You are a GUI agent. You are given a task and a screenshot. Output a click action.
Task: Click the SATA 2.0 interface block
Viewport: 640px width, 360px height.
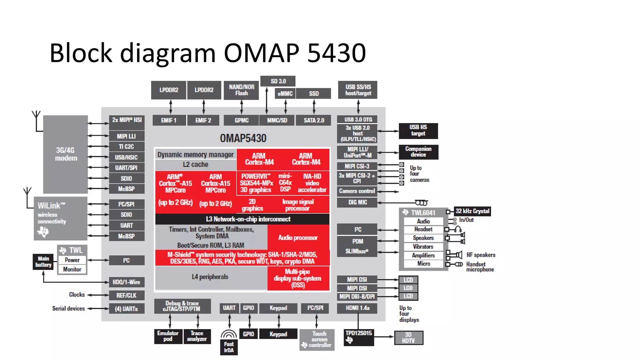tap(314, 120)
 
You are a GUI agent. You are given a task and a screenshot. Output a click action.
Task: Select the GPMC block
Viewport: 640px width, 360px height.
tap(242, 120)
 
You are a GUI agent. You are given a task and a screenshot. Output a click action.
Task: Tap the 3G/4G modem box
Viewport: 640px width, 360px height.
tap(66, 154)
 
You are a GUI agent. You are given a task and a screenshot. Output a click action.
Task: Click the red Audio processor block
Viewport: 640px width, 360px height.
tap(298, 237)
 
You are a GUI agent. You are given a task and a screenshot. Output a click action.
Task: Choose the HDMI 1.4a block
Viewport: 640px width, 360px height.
tap(357, 308)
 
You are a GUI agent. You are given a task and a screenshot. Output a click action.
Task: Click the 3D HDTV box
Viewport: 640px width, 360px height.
tap(408, 338)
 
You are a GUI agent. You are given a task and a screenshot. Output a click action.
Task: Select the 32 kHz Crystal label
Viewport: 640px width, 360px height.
tap(472, 211)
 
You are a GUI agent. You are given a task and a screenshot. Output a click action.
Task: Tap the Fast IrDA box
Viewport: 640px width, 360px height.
tap(229, 347)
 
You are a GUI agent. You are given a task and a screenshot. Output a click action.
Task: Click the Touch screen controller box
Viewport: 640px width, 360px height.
tap(317, 340)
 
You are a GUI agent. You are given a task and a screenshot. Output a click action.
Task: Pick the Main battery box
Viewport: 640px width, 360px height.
tap(43, 262)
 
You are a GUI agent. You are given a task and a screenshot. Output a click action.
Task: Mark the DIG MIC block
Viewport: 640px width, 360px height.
tap(357, 202)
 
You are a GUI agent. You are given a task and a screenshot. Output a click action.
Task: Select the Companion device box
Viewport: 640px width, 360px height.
tap(418, 152)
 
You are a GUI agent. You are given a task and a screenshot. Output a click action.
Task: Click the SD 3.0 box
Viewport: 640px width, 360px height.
tap(278, 81)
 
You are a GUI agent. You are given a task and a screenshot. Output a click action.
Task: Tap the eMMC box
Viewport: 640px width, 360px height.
tap(285, 93)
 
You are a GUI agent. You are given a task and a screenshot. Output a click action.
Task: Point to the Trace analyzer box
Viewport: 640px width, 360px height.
tap(197, 336)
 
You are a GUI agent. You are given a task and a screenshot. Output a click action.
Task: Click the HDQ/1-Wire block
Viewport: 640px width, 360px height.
tap(127, 282)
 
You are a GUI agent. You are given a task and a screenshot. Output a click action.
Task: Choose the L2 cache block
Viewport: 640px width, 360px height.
tap(196, 165)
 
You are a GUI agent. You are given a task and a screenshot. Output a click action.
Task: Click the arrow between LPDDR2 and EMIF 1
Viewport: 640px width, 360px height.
tap(171, 107)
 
